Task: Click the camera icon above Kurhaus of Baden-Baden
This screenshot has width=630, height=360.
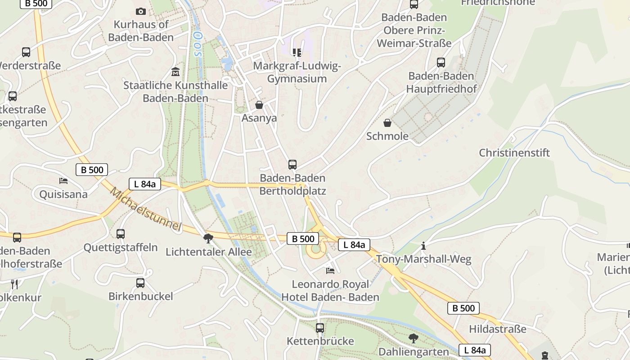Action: tap(141, 11)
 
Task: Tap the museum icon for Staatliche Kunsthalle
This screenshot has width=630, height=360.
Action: tap(175, 72)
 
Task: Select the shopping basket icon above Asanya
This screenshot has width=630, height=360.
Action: tap(259, 105)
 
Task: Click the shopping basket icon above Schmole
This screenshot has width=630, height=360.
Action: tap(387, 123)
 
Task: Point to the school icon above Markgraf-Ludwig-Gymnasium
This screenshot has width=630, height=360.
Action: tap(297, 53)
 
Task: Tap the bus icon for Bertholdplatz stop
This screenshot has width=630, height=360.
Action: tap(292, 165)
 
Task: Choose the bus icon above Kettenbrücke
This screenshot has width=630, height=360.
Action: tap(320, 328)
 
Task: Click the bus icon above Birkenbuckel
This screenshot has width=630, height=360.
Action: tap(140, 283)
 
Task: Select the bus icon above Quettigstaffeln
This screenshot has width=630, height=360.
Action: tap(121, 234)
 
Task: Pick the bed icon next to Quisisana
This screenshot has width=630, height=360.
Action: tap(63, 181)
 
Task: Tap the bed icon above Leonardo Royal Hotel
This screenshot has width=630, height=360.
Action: tap(330, 270)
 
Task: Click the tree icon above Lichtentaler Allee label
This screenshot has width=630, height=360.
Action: tap(208, 238)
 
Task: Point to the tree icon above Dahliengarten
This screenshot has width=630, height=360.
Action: tap(414, 338)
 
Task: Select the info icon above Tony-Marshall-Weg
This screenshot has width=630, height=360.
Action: tap(423, 246)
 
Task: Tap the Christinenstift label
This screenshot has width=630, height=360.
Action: tap(514, 153)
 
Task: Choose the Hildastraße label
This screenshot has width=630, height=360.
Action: tap(497, 329)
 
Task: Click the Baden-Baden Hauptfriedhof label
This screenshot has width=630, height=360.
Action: tap(441, 82)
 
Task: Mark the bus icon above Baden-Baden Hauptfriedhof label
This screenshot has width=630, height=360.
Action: tap(441, 63)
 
